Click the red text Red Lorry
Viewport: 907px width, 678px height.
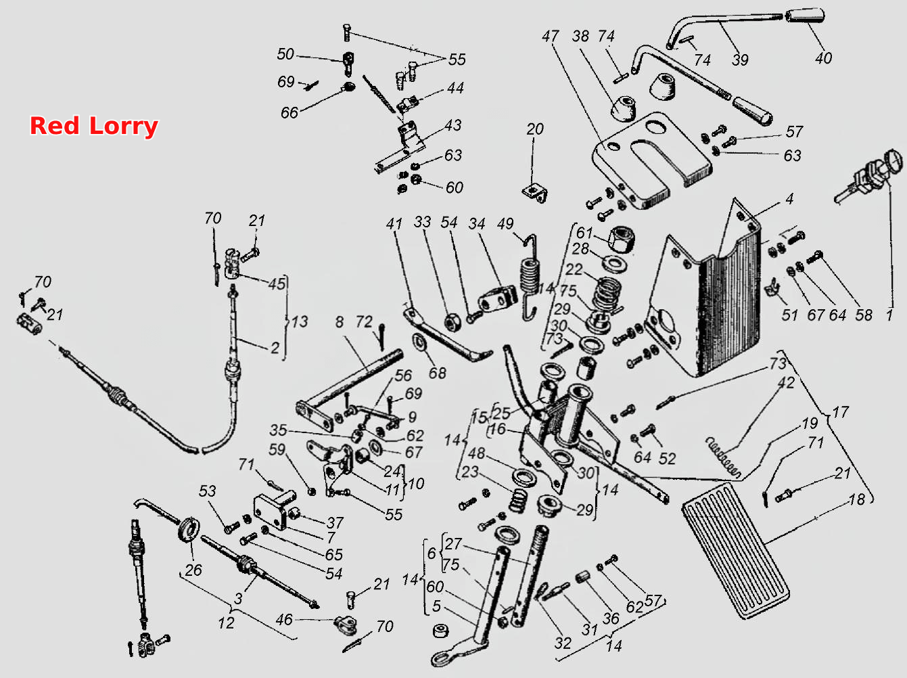94,126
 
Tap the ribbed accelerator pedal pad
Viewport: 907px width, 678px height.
736,551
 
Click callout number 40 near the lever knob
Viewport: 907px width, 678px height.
823,58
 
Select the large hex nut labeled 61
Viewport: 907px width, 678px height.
622,239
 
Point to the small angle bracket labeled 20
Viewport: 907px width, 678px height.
536,193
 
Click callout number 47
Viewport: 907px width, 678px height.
551,36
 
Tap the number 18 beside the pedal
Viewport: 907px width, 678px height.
856,499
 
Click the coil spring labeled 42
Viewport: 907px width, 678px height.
723,457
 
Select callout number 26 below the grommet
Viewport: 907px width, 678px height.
193,570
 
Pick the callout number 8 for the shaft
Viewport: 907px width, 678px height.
340,321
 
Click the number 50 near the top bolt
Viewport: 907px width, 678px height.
285,54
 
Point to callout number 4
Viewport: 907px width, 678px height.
789,199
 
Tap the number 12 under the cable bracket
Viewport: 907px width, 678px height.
226,623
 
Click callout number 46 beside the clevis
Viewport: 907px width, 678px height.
284,619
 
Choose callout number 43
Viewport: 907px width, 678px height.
453,125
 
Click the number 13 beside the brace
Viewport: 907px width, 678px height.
300,321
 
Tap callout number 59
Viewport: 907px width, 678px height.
277,449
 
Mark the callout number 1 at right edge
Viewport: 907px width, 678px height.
889,315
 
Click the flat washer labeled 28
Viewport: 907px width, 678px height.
614,264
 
